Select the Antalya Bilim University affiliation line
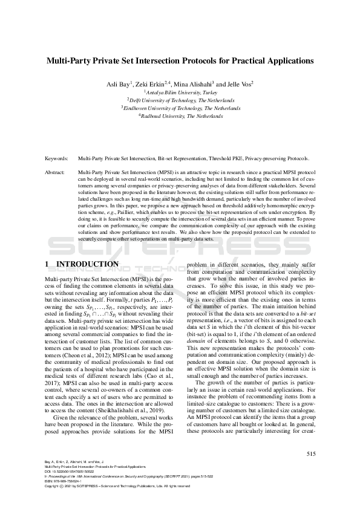180,92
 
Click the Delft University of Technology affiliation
180,100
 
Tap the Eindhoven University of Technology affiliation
180,108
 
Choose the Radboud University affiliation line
180,116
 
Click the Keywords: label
57,158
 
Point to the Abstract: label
57,172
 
